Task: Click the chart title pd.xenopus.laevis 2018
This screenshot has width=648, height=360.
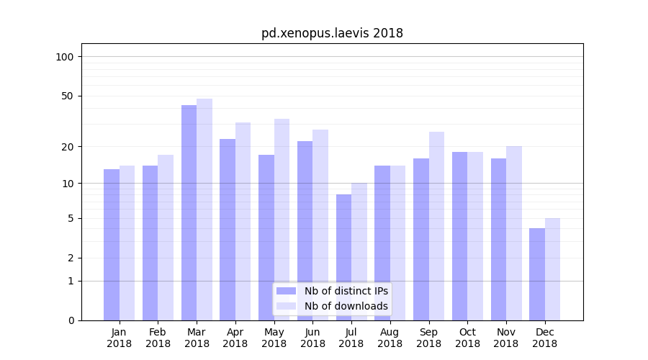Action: [332, 33]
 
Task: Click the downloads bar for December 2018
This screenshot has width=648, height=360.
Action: [552, 269]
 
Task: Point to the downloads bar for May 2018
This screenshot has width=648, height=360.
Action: [282, 220]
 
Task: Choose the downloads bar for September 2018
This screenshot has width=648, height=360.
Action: [436, 226]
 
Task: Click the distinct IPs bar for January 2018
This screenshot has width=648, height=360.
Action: [112, 245]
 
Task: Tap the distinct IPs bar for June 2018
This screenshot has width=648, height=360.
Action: [305, 230]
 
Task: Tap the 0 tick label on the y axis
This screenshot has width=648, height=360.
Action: [71, 320]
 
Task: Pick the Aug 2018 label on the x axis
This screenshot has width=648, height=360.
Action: [390, 338]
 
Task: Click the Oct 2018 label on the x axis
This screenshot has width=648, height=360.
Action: [467, 338]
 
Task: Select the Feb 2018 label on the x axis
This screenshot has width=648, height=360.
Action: [158, 338]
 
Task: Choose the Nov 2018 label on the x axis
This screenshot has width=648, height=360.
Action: [506, 338]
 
